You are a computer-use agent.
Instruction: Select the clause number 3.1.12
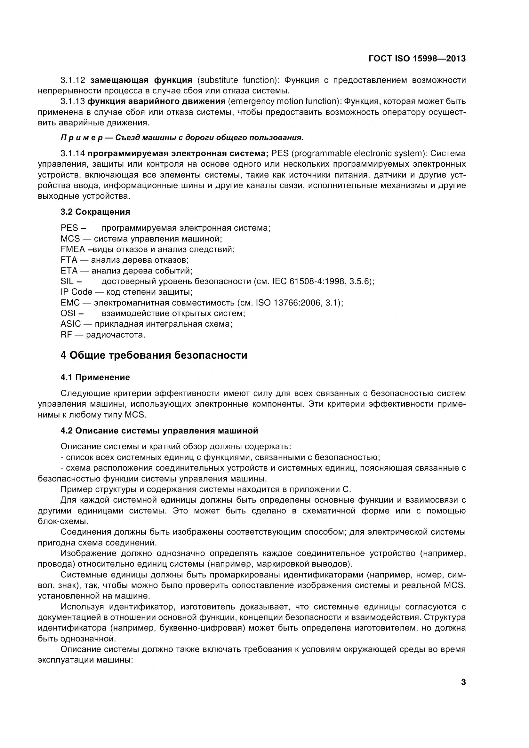pos(73,80)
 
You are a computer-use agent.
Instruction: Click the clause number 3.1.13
pos(73,101)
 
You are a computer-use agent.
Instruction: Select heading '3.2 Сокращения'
pos(95,212)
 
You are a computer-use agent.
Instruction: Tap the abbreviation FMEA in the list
pos(72,250)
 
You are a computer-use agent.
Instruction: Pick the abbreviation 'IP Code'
pos(76,292)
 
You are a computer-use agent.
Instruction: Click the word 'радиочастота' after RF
pos(116,335)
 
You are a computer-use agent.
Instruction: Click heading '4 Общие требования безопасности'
pos(154,355)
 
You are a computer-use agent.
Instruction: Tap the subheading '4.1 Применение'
pos(95,378)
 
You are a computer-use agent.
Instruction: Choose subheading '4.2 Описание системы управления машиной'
pos(159,431)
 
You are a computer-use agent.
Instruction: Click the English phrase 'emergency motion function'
pos(283,101)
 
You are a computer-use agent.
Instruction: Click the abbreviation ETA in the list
pos(69,271)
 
